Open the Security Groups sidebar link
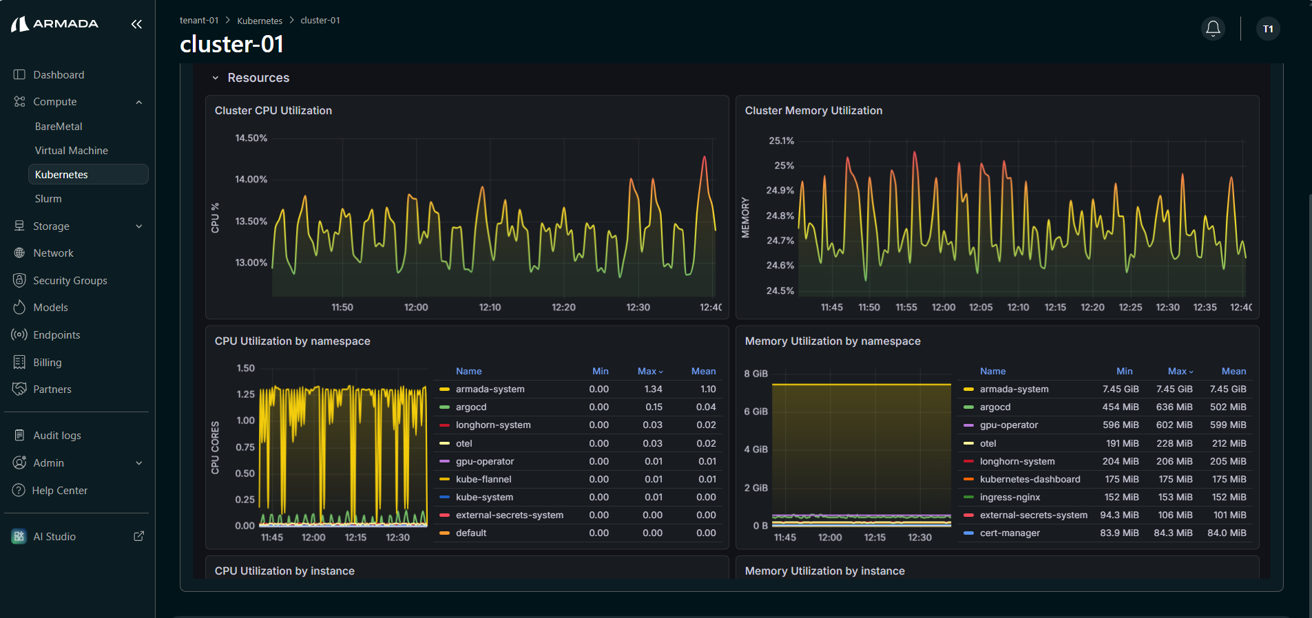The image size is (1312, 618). click(70, 280)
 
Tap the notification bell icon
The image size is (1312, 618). click(1213, 28)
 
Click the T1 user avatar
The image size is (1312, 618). click(1268, 29)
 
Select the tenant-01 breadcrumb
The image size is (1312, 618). click(199, 21)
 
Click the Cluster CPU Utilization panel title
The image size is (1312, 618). click(273, 111)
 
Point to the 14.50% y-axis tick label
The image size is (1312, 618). click(251, 138)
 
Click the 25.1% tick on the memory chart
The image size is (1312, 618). click(782, 140)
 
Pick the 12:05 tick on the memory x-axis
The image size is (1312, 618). click(981, 307)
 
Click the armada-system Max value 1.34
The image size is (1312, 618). click(653, 389)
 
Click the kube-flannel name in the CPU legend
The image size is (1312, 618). click(483, 479)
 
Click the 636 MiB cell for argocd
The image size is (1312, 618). click(1174, 407)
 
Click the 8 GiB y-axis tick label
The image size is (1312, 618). click(756, 374)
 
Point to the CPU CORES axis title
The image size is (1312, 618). click(215, 447)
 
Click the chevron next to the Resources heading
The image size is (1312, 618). click(216, 78)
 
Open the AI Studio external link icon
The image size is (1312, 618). click(138, 536)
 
